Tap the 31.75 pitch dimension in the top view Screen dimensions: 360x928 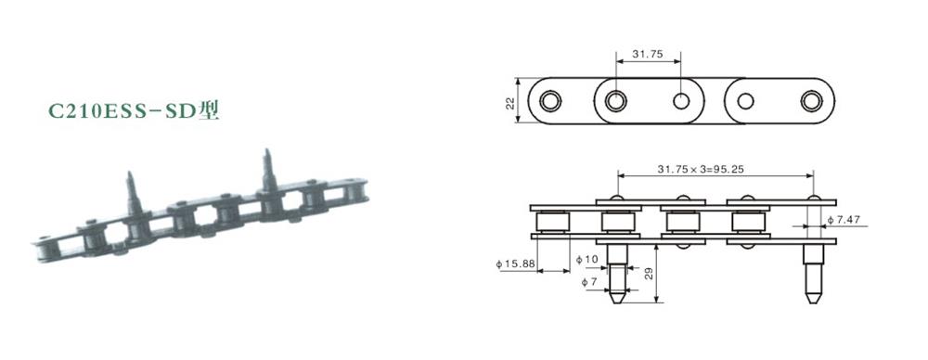(647, 55)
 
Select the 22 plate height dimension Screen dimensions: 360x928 (510, 101)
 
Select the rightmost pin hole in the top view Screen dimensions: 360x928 (813, 100)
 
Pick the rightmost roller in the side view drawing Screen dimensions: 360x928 (747, 222)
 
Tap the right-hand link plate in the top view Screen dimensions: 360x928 (779, 100)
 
